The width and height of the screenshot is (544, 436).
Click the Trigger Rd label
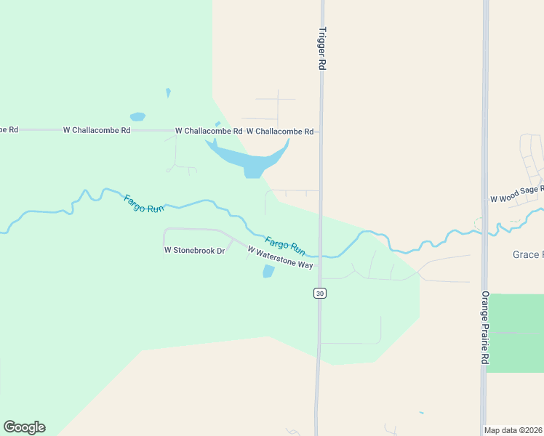tap(321, 49)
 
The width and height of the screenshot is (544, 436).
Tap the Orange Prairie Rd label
tap(484, 328)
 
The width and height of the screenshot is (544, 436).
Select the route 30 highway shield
tap(319, 293)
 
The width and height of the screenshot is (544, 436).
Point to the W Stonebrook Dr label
tap(194, 250)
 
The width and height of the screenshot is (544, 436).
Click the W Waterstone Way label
tap(280, 257)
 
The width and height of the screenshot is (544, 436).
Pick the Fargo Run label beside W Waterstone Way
tap(284, 245)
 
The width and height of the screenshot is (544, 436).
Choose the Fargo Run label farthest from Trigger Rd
tap(144, 203)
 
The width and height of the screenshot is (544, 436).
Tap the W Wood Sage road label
tap(516, 193)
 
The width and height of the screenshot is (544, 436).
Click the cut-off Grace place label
tap(527, 254)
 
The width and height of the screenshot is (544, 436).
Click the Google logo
tap(24, 427)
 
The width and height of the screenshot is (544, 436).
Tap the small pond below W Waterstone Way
tap(268, 272)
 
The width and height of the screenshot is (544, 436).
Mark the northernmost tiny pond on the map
tap(168, 92)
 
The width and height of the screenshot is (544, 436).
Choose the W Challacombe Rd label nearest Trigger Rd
tap(280, 132)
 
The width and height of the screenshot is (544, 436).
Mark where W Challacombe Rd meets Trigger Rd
tap(320, 132)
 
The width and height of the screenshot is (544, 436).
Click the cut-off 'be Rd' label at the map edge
tap(9, 129)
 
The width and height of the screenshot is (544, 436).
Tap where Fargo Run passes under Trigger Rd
tap(320, 256)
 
